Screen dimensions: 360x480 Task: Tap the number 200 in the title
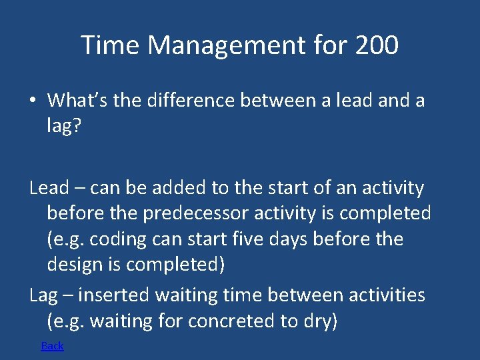[x=377, y=46]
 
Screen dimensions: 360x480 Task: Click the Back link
[x=52, y=345]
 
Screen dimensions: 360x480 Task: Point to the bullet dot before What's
[x=32, y=101]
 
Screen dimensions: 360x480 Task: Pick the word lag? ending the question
[x=63, y=127]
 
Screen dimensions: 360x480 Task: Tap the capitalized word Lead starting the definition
[x=49, y=189]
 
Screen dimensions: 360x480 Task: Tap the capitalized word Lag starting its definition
[x=43, y=295]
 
